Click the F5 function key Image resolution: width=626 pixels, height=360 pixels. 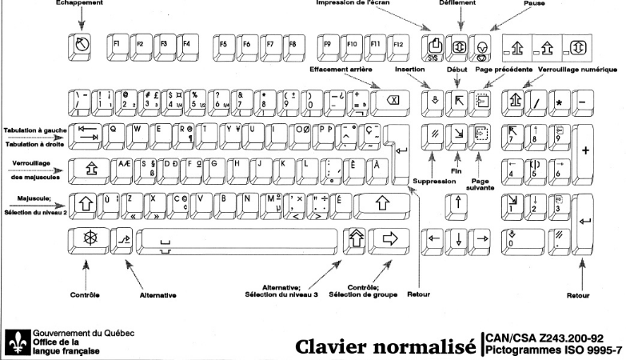(x=225, y=46)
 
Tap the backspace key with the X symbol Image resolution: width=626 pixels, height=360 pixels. (x=392, y=101)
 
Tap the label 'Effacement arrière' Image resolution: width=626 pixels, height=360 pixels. (x=346, y=70)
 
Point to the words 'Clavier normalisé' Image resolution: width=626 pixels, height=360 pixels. (x=385, y=347)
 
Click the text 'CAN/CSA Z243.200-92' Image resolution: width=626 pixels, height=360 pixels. (x=553, y=338)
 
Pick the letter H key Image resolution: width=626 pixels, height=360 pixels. (x=237, y=166)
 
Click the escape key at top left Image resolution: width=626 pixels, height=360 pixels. (x=81, y=46)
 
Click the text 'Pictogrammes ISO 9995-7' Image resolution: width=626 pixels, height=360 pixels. (x=553, y=350)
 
